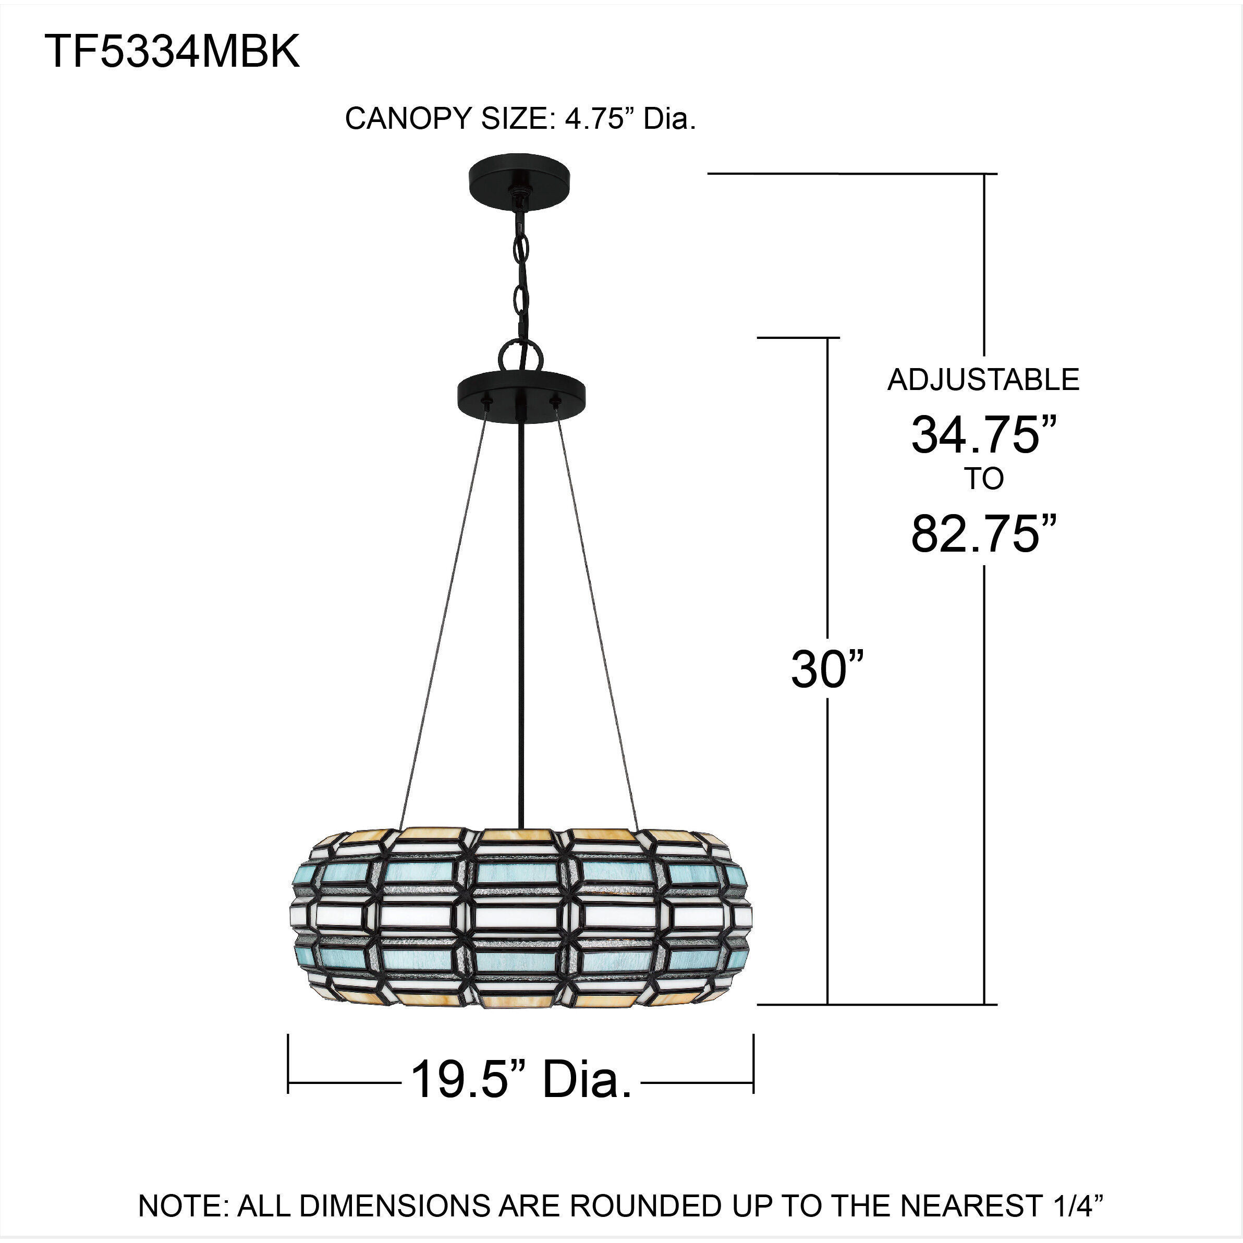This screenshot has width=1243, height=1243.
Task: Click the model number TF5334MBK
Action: pos(172,52)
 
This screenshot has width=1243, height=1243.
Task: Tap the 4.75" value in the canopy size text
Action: pos(595,118)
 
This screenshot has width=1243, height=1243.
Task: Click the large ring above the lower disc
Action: pos(521,355)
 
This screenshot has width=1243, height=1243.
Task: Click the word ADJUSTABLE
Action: pos(983,380)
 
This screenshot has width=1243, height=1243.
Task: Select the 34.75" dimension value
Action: pos(983,435)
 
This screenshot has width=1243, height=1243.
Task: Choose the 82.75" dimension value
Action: pos(983,534)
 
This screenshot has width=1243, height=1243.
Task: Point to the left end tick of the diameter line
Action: pos(288,1064)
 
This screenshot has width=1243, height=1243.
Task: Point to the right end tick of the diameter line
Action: pos(753,1064)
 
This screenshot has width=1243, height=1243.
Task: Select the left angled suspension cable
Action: pos(444,624)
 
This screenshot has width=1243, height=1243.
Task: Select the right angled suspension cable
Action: pos(597,624)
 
